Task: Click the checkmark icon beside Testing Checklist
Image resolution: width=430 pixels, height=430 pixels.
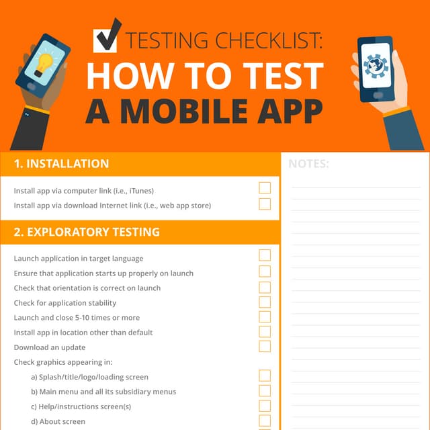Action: (106, 37)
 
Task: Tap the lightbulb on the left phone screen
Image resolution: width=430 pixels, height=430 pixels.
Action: (43, 64)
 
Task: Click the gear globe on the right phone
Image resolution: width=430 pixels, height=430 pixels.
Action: (376, 66)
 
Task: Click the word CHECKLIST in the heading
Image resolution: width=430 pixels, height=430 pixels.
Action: (269, 40)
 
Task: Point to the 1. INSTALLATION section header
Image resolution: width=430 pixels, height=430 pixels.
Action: (61, 164)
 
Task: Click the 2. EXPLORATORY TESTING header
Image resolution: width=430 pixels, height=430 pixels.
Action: (87, 232)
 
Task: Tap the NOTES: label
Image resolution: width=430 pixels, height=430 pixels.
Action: (308, 164)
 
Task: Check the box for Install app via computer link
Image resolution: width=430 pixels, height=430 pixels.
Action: (265, 188)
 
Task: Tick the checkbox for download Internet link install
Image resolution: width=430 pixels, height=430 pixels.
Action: (265, 204)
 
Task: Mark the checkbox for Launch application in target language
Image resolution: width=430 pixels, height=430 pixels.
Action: (265, 255)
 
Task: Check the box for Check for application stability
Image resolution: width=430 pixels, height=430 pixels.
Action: (265, 302)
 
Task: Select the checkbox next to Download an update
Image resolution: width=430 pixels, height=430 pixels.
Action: (265, 347)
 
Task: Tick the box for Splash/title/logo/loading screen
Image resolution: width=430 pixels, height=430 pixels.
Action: (265, 376)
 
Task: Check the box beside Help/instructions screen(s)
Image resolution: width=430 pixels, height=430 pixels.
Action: (265, 406)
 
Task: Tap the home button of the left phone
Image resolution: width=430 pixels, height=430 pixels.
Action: (31, 87)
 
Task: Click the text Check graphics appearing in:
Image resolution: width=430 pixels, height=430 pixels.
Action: (63, 362)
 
